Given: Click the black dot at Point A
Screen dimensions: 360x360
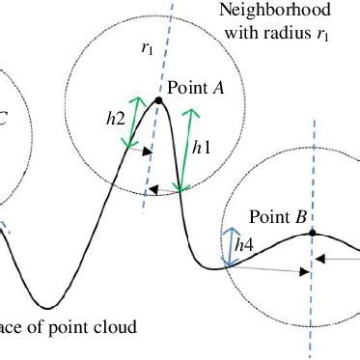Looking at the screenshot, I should pyautogui.click(x=157, y=99).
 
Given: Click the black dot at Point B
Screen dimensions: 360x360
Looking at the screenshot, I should pyautogui.click(x=315, y=234).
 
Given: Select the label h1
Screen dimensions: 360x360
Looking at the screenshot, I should pyautogui.click(x=201, y=149).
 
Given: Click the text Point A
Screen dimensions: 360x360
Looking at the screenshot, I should pyautogui.click(x=196, y=87).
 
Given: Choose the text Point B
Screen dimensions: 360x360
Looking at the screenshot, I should pyautogui.click(x=278, y=216).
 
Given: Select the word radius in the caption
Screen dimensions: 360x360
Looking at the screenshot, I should pyautogui.click(x=289, y=31).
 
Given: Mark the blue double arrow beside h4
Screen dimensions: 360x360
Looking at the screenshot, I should pyautogui.click(x=230, y=246).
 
